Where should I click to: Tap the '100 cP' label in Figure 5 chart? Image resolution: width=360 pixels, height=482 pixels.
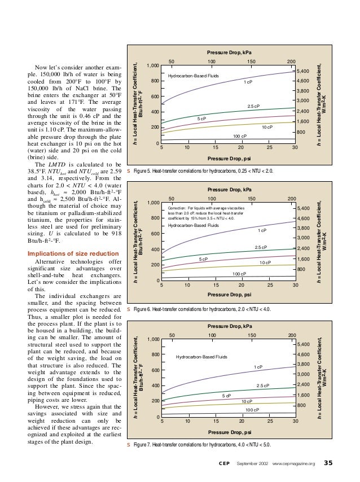(240, 137)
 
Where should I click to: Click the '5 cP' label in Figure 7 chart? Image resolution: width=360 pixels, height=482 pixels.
(226, 396)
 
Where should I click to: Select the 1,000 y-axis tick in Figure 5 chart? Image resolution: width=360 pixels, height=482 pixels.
(152, 66)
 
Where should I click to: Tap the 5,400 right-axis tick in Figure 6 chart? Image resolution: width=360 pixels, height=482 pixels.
(303, 209)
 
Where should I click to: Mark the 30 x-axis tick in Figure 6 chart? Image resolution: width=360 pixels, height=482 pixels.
(295, 286)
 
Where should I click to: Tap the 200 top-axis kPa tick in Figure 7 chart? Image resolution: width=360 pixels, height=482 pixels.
(291, 335)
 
